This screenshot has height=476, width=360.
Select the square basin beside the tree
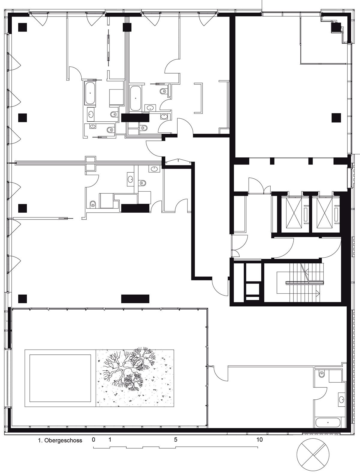pos(60,378)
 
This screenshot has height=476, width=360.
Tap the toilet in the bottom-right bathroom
pos(322,374)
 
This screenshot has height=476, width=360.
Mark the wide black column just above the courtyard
pos(135,299)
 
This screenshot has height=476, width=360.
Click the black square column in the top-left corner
pos(22,27)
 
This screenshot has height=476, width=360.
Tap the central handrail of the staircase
pos(304,282)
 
